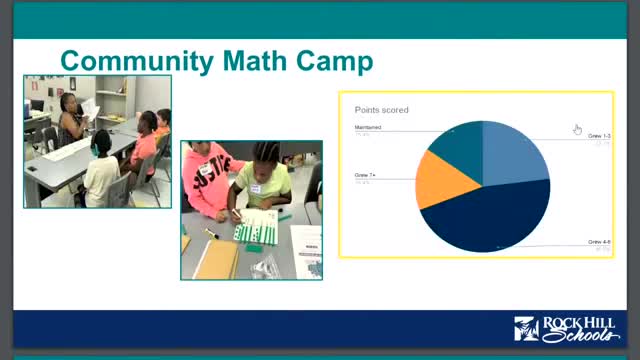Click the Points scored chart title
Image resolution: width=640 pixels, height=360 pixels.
click(382, 110)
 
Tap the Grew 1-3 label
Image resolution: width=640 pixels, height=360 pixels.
click(599, 135)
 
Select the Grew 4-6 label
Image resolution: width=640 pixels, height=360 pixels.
click(599, 242)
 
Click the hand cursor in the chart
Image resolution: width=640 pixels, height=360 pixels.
click(578, 129)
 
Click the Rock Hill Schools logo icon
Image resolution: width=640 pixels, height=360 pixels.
click(526, 329)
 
